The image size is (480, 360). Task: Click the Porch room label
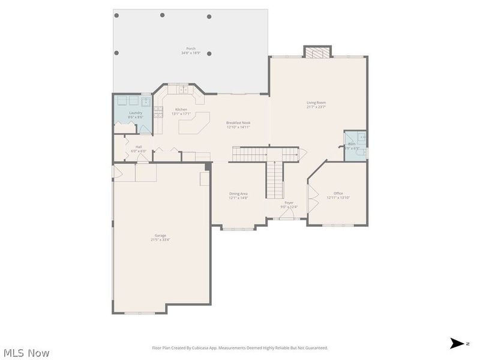[x=191, y=48]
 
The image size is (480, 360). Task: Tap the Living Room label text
[x=316, y=103]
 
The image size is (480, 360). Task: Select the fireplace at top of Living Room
[x=317, y=52]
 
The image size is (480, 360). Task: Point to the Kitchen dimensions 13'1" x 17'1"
[x=181, y=113]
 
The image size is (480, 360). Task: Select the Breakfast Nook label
[x=238, y=122]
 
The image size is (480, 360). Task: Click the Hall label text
[x=139, y=146]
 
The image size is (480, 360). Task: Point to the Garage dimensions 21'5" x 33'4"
[x=160, y=239]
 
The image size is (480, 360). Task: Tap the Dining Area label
[x=238, y=193]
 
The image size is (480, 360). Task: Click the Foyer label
[x=289, y=203]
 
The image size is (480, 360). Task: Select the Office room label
[x=338, y=193]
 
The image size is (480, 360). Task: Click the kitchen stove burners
[x=158, y=111]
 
